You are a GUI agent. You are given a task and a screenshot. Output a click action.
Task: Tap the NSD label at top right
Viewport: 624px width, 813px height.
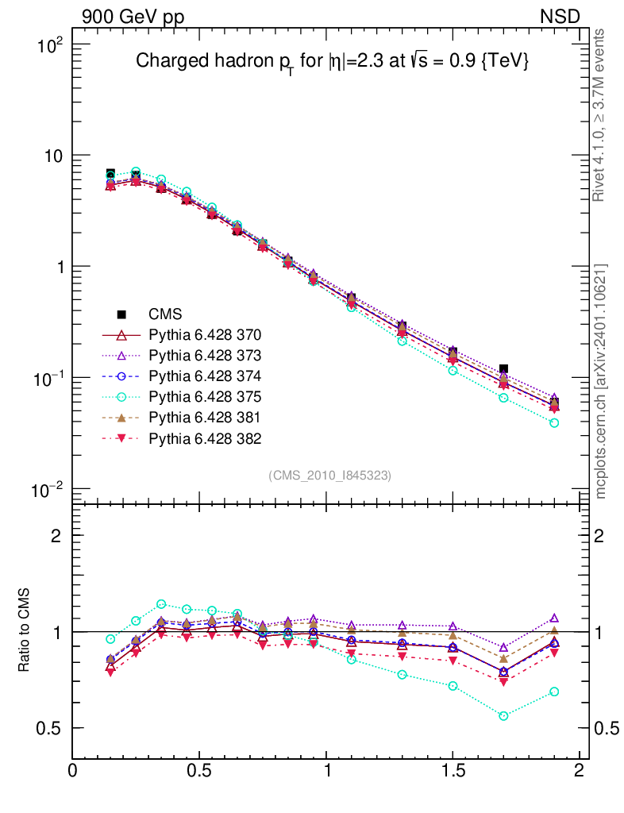560,17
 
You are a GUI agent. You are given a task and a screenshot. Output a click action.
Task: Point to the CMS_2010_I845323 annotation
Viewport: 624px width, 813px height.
330,476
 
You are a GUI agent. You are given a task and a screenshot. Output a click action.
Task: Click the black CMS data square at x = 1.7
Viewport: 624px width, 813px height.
503,370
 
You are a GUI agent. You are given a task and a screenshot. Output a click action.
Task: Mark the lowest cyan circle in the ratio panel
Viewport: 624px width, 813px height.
503,716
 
